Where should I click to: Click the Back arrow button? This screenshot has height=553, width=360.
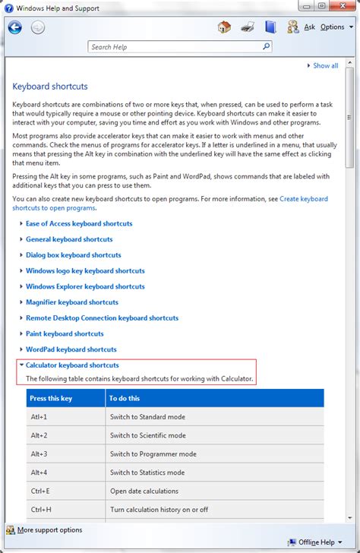(15, 27)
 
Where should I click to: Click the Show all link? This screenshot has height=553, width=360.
(325, 66)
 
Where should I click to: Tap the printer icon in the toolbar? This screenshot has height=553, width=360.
(248, 27)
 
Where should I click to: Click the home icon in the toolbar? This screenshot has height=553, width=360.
(224, 27)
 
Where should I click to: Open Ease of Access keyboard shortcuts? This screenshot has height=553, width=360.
(79, 224)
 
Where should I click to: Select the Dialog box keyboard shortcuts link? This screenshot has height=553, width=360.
(74, 255)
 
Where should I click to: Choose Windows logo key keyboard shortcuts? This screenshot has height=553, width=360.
(85, 271)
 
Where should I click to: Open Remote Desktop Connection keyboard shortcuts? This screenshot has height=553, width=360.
(102, 318)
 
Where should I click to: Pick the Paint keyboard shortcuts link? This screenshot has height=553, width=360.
(65, 333)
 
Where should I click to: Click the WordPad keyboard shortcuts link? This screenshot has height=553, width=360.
(72, 349)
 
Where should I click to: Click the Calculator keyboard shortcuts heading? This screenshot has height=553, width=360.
(72, 365)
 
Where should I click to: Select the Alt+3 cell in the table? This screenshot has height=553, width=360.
(39, 454)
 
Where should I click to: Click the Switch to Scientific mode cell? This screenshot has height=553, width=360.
(148, 435)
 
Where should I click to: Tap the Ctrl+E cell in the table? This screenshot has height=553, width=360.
(41, 491)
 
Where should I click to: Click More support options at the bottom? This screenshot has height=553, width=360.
(50, 530)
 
